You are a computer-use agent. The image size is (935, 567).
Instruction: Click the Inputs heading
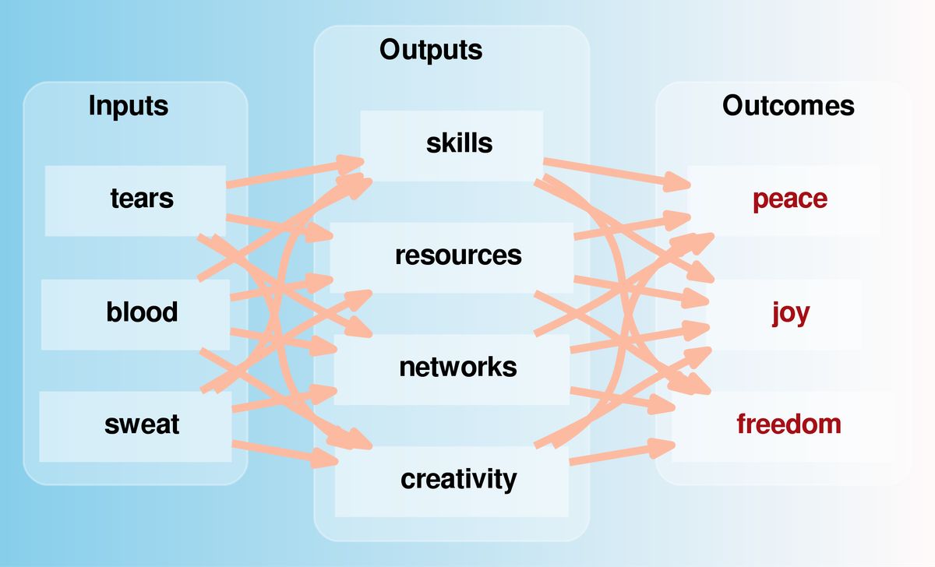pyautogui.click(x=128, y=105)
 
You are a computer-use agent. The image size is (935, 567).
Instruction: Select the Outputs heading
pyautogui.click(x=431, y=50)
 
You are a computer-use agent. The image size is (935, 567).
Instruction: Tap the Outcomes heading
pyautogui.click(x=788, y=106)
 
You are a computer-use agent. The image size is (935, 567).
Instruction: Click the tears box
pyautogui.click(x=135, y=199)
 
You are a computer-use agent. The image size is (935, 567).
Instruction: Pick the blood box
pyautogui.click(x=135, y=313)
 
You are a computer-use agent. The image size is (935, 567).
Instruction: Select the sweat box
pyautogui.click(x=135, y=425)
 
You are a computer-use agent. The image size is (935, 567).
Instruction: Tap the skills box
pyautogui.click(x=452, y=145)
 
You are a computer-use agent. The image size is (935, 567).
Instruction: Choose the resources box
pyautogui.click(x=452, y=256)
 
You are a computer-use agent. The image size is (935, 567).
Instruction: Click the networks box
pyautogui.click(x=452, y=368)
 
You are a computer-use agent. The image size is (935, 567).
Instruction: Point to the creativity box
pyautogui.click(x=452, y=480)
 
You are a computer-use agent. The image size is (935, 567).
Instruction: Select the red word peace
pyautogui.click(x=789, y=199)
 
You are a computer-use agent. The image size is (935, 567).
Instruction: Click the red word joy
pyautogui.click(x=791, y=313)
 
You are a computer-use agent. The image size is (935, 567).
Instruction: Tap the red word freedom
pyautogui.click(x=789, y=425)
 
